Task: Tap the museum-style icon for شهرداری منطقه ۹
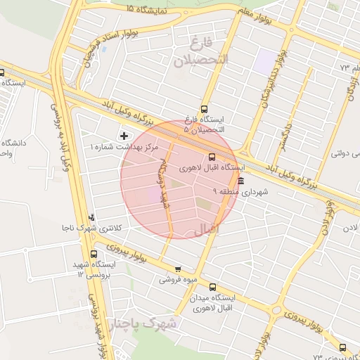click(x=242, y=181)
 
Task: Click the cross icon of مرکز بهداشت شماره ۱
click(x=124, y=135)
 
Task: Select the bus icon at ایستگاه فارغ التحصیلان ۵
click(x=205, y=109)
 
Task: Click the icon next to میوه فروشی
click(x=178, y=269)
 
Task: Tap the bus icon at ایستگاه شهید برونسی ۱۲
click(x=94, y=255)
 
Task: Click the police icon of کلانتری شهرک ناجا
click(x=92, y=217)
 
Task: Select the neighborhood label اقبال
click(x=205, y=229)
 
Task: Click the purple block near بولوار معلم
click(x=266, y=61)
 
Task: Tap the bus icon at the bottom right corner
click(x=342, y=347)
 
